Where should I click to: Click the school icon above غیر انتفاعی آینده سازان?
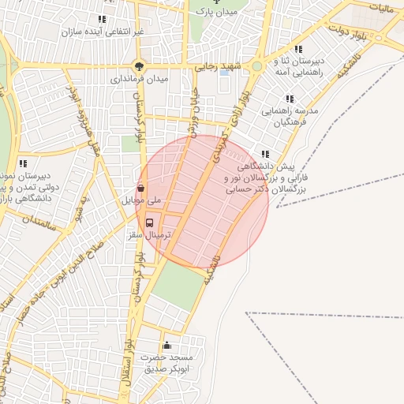tap(101, 19)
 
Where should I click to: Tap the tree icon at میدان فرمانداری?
tap(139, 66)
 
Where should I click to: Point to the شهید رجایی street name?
tap(216, 67)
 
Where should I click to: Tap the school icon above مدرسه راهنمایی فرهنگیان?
tap(290, 99)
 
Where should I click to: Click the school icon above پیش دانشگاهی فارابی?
tap(265, 155)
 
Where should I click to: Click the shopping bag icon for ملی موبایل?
tap(140, 188)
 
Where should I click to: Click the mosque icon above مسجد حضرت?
tap(166, 345)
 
